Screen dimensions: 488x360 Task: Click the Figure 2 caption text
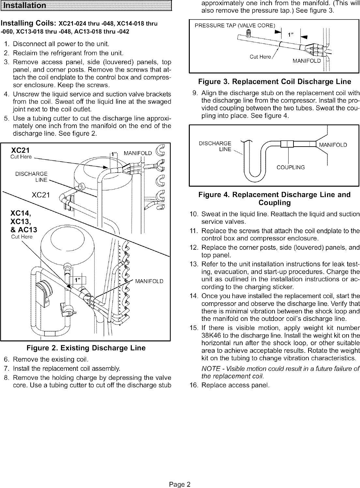click(x=86, y=348)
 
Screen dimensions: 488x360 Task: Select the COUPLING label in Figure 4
click(x=291, y=167)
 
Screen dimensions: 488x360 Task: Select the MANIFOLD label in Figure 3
click(x=307, y=61)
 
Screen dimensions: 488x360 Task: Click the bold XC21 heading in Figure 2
click(x=20, y=151)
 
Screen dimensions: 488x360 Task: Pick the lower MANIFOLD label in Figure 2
click(x=149, y=281)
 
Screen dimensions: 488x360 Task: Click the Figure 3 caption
click(x=274, y=81)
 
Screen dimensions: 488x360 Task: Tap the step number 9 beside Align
click(x=195, y=92)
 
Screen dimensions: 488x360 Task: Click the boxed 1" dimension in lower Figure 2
click(x=78, y=280)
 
